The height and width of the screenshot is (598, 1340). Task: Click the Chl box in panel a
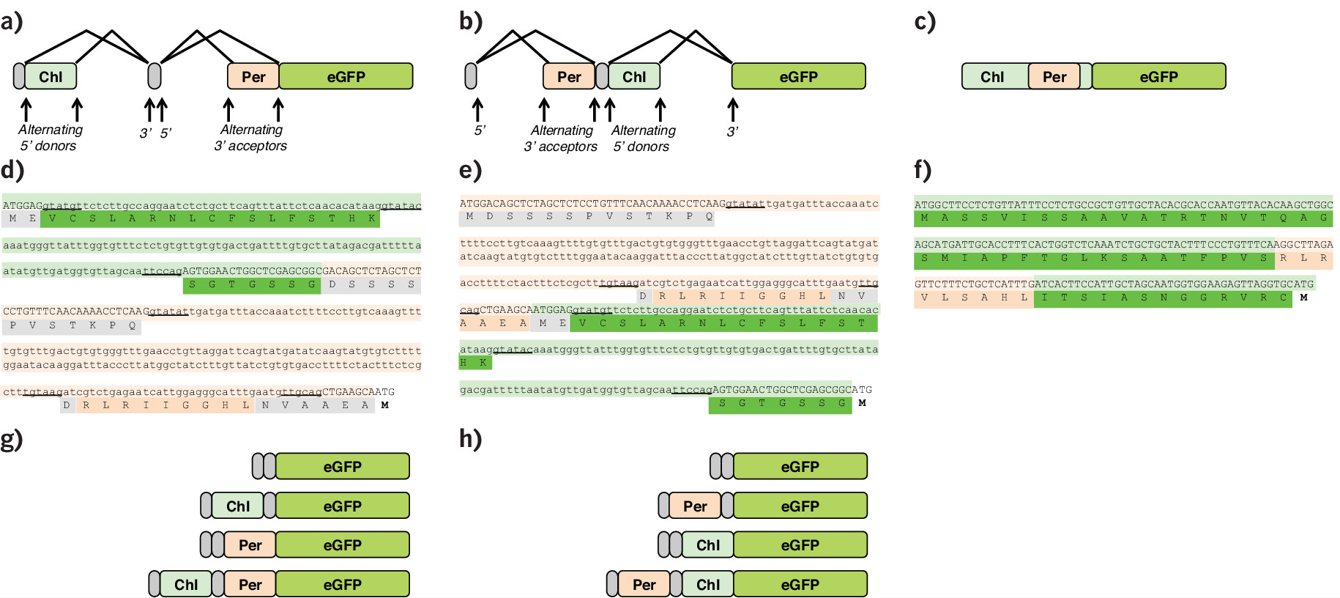(x=51, y=76)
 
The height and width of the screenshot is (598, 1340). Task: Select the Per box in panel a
(x=253, y=76)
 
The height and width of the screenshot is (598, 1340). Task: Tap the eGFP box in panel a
(x=346, y=76)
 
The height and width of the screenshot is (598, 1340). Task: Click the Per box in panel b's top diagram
(x=568, y=76)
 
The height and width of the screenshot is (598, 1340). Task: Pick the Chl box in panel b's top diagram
(x=634, y=76)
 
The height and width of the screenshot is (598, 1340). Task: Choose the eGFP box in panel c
(x=1158, y=76)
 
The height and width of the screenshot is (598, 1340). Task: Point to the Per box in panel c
(x=1054, y=76)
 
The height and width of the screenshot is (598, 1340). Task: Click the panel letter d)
(x=12, y=170)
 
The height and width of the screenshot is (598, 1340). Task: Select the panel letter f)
(x=923, y=170)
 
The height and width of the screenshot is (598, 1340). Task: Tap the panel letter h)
(x=471, y=439)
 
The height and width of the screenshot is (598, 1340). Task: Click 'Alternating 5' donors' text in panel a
(x=50, y=138)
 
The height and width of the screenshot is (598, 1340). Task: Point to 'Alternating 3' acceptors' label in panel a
(x=250, y=138)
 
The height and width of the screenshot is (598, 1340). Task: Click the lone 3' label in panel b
(x=732, y=132)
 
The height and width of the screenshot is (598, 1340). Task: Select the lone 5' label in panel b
(x=480, y=131)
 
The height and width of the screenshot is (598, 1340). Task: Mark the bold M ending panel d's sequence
(x=384, y=405)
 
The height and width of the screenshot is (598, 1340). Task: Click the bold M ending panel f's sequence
(x=1303, y=298)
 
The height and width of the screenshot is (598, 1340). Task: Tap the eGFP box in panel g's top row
(x=342, y=466)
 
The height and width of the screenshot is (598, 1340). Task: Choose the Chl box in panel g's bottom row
(x=185, y=584)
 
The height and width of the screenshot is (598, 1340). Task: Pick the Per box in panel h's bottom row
(x=644, y=584)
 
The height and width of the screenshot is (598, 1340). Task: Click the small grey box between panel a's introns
(x=155, y=76)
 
